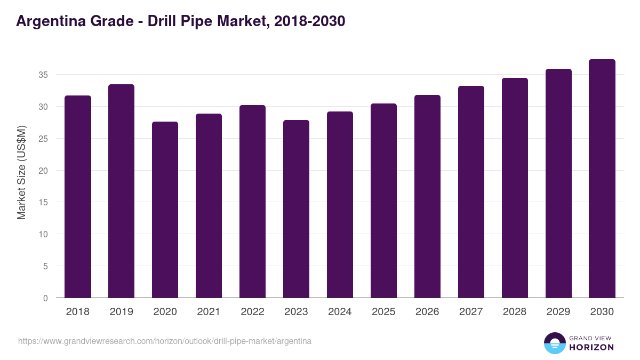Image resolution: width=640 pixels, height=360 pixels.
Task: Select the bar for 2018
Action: (78, 197)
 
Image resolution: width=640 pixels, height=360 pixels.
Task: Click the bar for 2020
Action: (165, 210)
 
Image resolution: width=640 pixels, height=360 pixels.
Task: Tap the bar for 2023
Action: (296, 209)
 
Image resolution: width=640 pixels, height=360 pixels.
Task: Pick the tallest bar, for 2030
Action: (602, 179)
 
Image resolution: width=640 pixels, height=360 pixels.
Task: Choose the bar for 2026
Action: (427, 197)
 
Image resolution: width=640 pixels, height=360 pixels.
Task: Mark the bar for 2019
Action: (122, 191)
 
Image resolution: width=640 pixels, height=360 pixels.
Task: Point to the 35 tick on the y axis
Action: (43, 75)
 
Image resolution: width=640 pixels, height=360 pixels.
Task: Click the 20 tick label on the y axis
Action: (43, 171)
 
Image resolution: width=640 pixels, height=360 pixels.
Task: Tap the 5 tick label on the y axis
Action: (45, 266)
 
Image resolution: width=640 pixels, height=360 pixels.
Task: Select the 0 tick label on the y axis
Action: (45, 298)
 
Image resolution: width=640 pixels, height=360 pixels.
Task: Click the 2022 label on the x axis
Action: (252, 312)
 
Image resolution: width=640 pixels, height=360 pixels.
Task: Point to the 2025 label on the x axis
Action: (383, 312)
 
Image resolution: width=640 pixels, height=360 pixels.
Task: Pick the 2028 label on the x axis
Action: (515, 312)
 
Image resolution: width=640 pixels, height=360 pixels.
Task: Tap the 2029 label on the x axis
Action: (558, 312)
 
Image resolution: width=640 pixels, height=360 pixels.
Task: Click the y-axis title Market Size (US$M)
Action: (22, 172)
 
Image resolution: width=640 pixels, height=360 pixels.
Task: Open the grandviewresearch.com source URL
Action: (165, 341)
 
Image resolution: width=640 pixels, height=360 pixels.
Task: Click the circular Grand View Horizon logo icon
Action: (555, 343)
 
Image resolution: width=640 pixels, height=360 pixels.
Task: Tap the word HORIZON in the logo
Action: (591, 347)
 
